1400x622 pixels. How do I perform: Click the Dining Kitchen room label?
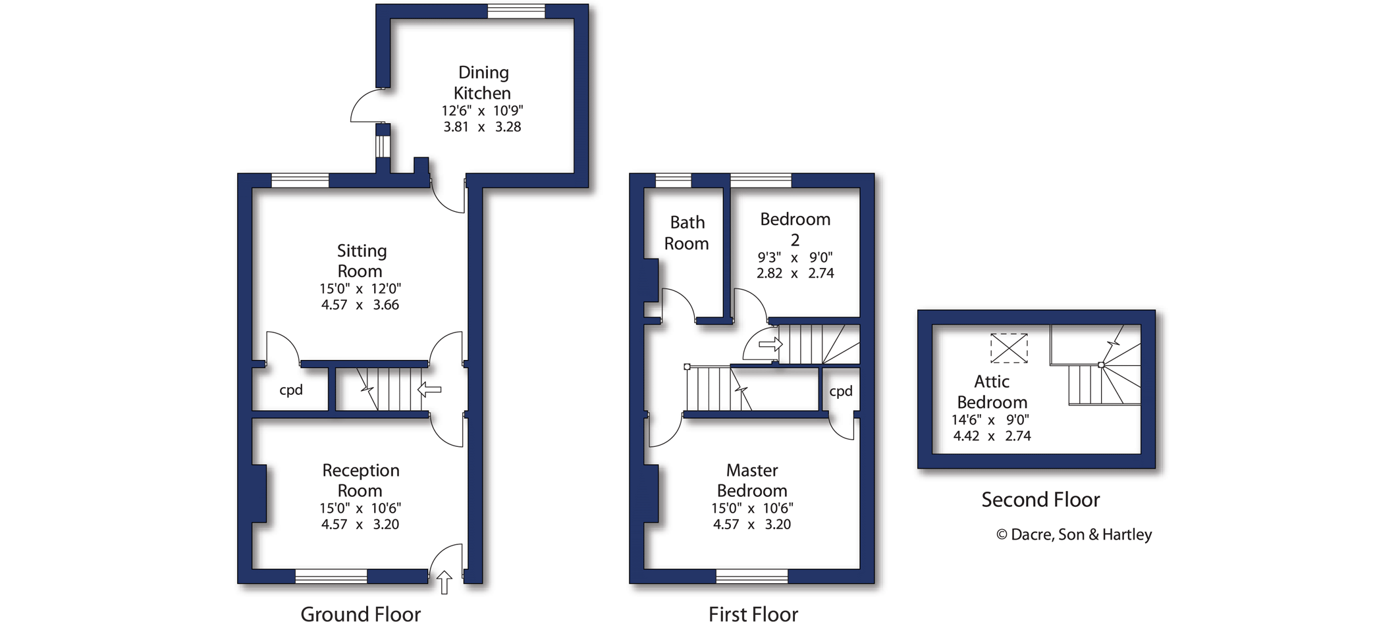pyautogui.click(x=483, y=82)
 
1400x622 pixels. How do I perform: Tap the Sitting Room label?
pyautogui.click(x=361, y=261)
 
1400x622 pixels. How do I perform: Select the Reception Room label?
pyautogui.click(x=360, y=480)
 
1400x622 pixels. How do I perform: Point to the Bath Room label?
pyautogui.click(x=687, y=233)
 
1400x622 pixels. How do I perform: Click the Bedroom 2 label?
pyautogui.click(x=795, y=229)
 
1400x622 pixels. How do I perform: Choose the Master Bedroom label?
pyautogui.click(x=752, y=480)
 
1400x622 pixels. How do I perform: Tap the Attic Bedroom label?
pyautogui.click(x=992, y=392)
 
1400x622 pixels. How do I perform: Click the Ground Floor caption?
pyautogui.click(x=360, y=613)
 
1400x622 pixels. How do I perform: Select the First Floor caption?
pyautogui.click(x=753, y=613)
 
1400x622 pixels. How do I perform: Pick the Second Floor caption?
pyautogui.click(x=1040, y=500)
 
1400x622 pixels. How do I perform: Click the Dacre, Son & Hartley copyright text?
pyautogui.click(x=1074, y=534)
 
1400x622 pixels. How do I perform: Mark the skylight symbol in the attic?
pyautogui.click(x=1009, y=348)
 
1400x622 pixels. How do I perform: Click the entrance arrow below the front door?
pyautogui.click(x=444, y=582)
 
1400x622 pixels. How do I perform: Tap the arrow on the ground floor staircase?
pyautogui.click(x=429, y=390)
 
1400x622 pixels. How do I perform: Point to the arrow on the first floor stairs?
pyautogui.click(x=770, y=344)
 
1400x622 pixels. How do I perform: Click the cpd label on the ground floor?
pyautogui.click(x=291, y=390)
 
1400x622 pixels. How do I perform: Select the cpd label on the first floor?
pyautogui.click(x=841, y=391)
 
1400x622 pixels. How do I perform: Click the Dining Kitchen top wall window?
pyautogui.click(x=516, y=11)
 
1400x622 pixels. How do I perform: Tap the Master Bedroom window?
pyautogui.click(x=751, y=577)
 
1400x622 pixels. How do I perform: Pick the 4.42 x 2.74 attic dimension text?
pyautogui.click(x=992, y=436)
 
